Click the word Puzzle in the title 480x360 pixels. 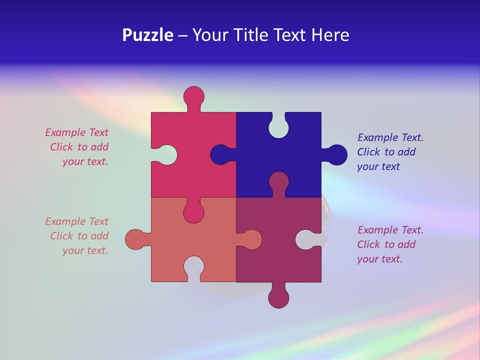coord(147,35)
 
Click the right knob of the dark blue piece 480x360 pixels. coord(336,155)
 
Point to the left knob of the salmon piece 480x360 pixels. coord(136,239)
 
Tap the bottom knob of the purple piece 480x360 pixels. coord(279,296)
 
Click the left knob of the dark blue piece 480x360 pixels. coord(220,155)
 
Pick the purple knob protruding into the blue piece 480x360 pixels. coord(278,182)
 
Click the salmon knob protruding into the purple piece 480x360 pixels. coord(251,239)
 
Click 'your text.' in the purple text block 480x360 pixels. coord(379,259)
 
